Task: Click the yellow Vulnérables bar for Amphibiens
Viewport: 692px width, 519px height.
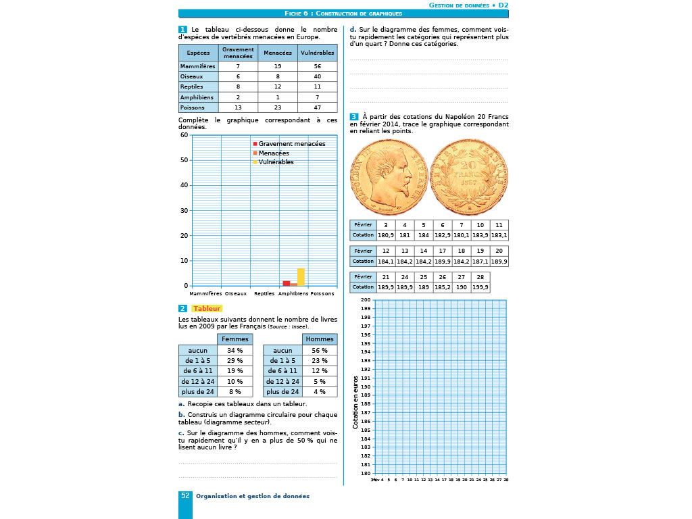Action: pos(301,277)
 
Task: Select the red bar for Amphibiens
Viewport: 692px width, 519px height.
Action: pos(287,283)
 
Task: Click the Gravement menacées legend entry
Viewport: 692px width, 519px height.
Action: pos(291,144)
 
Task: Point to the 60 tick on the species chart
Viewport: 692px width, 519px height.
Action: pos(184,135)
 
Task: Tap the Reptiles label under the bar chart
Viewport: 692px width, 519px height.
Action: pos(264,294)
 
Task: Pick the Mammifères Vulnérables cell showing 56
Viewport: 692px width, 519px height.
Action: pos(317,67)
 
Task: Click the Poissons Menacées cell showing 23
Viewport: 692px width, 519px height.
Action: pos(278,107)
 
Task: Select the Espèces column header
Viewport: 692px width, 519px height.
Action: pos(198,53)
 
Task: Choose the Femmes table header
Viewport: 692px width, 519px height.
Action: pos(235,339)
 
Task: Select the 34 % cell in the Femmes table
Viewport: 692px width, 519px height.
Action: pos(235,351)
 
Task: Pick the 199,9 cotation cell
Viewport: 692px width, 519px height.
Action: pos(480,287)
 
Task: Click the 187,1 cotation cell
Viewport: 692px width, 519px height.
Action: pos(480,261)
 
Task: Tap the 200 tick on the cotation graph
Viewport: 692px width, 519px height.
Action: pos(366,300)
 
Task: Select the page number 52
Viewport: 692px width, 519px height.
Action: pos(185,496)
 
